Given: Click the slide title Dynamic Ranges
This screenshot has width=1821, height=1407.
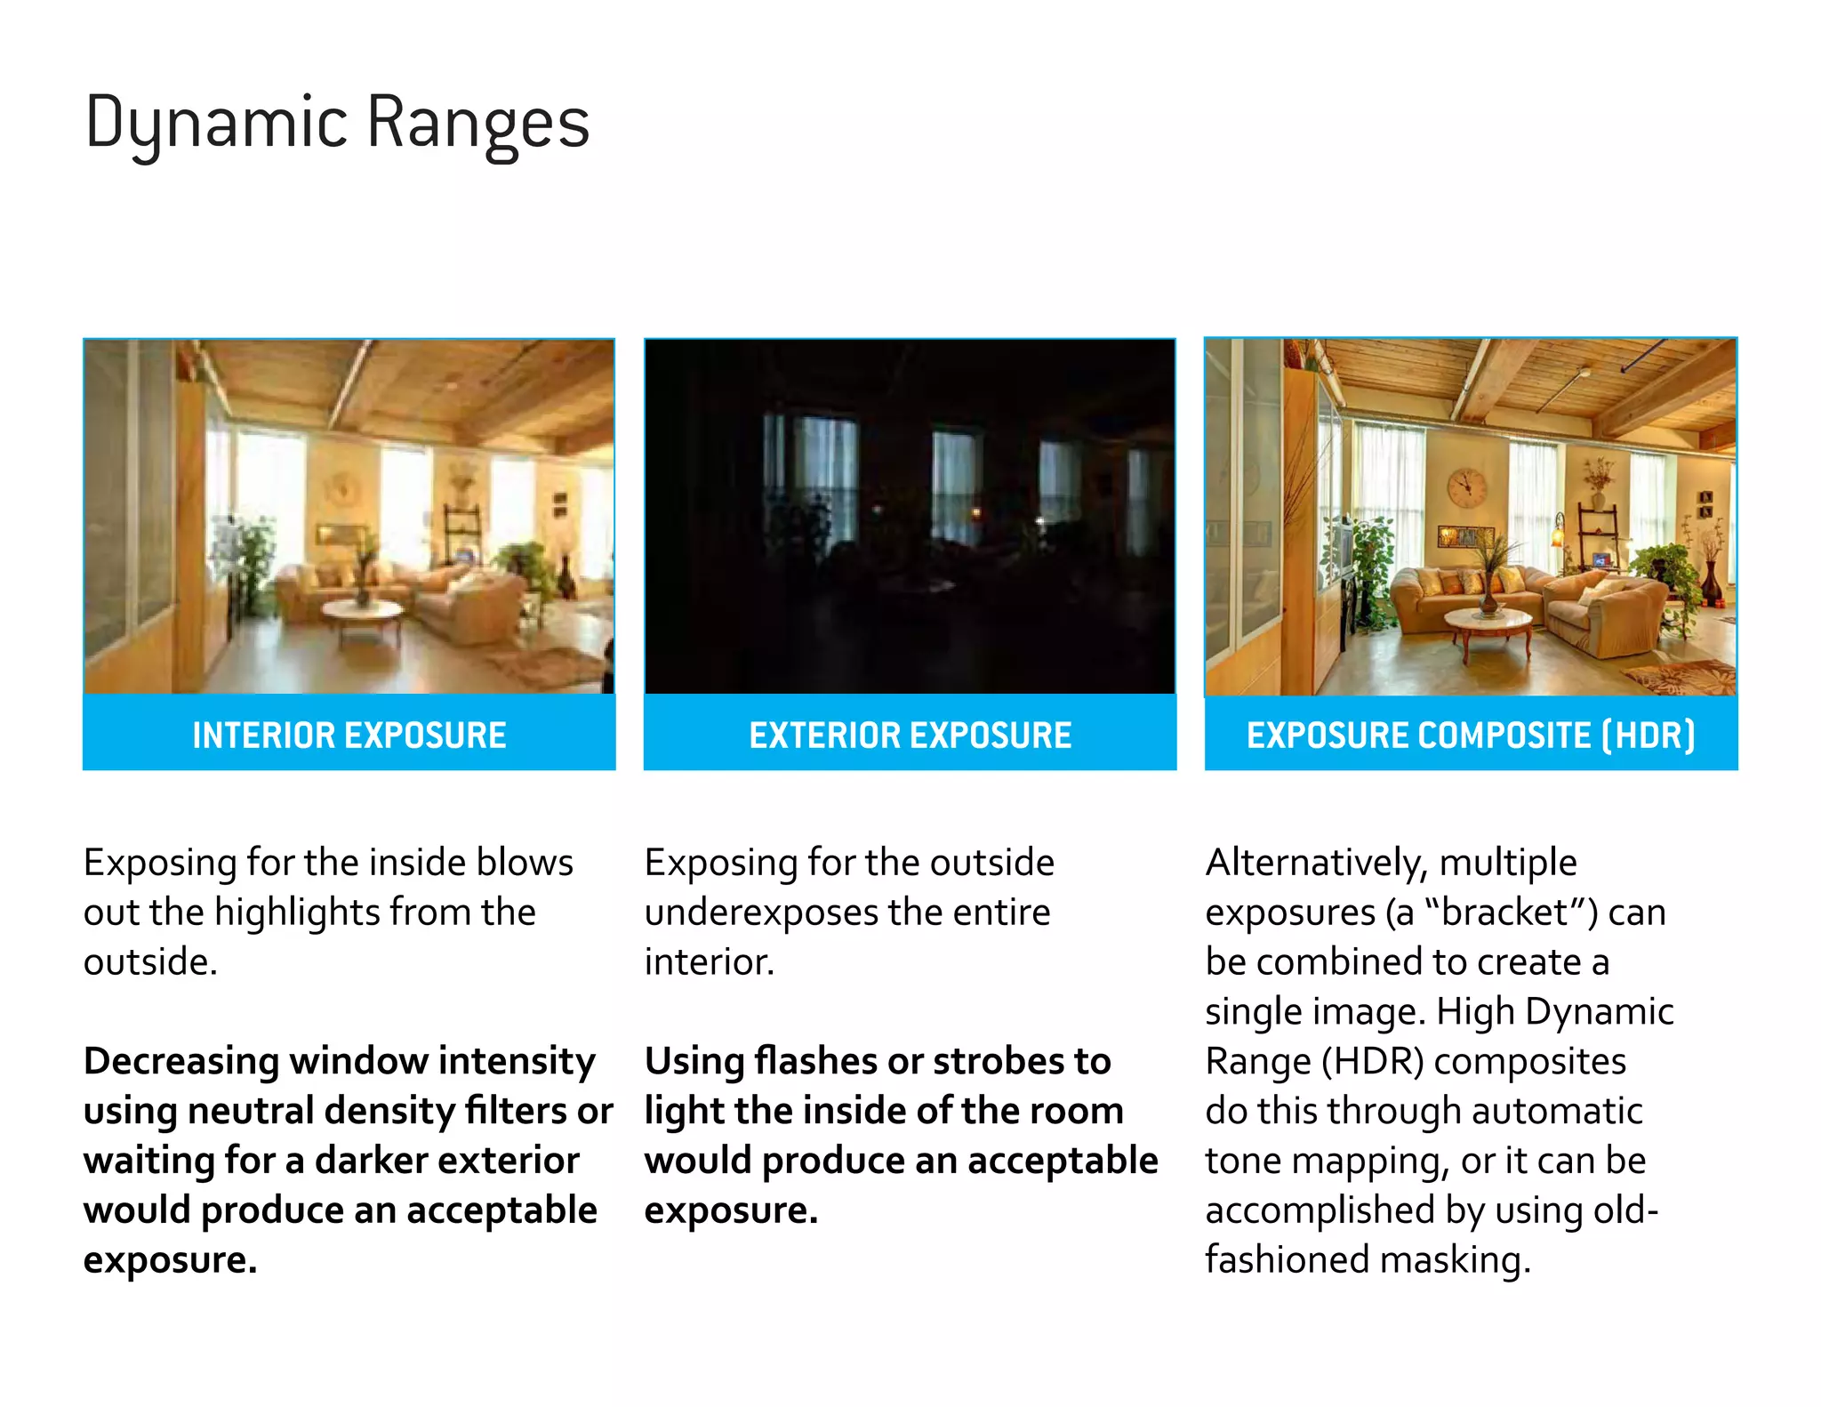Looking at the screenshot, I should click(x=337, y=123).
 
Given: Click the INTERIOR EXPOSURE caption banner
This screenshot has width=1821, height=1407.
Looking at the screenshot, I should click(x=349, y=735).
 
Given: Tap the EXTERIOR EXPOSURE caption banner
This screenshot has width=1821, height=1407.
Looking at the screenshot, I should click(x=910, y=735).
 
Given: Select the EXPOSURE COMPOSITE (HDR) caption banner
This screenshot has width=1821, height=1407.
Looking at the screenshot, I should click(x=1471, y=735).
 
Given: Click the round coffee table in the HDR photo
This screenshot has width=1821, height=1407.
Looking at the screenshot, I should click(x=1488, y=623).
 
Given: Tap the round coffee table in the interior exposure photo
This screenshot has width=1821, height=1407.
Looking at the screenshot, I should click(x=362, y=611).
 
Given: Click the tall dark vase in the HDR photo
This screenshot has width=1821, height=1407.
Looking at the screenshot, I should click(x=1712, y=583).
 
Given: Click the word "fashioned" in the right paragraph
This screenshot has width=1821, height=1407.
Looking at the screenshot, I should click(x=1286, y=1260).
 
